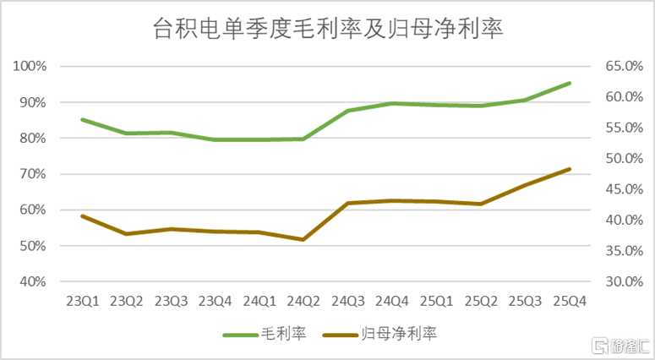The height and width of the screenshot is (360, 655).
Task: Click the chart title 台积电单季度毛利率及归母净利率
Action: pos(328,29)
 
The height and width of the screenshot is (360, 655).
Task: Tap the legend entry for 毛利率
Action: pos(265,334)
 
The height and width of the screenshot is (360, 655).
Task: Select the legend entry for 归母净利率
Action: pos(379,334)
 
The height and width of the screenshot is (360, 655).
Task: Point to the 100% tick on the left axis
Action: pos(30,66)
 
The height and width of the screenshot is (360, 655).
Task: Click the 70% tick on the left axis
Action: pos(33,174)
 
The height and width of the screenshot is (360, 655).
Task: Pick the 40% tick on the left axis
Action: pos(33,281)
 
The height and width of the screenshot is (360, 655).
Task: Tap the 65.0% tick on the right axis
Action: pos(624,66)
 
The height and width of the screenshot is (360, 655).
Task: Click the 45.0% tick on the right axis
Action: pos(624,189)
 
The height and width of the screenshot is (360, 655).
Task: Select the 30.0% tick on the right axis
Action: pos(624,281)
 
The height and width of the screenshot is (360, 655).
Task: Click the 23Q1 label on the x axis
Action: pos(82,301)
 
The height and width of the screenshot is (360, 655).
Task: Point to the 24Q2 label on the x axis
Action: pos(303,301)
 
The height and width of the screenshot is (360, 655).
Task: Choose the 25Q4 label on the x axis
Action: pos(570,301)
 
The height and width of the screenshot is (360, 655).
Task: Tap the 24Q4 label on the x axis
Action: pos(392,301)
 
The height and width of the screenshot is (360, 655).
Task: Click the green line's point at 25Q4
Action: pos(569,84)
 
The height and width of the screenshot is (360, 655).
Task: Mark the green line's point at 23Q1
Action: pos(83,120)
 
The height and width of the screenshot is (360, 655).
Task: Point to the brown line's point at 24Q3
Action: pos(348,203)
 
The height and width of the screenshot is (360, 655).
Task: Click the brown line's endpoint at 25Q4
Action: pos(569,169)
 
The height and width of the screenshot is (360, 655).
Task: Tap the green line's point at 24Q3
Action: pos(348,111)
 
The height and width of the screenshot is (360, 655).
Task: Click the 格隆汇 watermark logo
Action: pos(621,346)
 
